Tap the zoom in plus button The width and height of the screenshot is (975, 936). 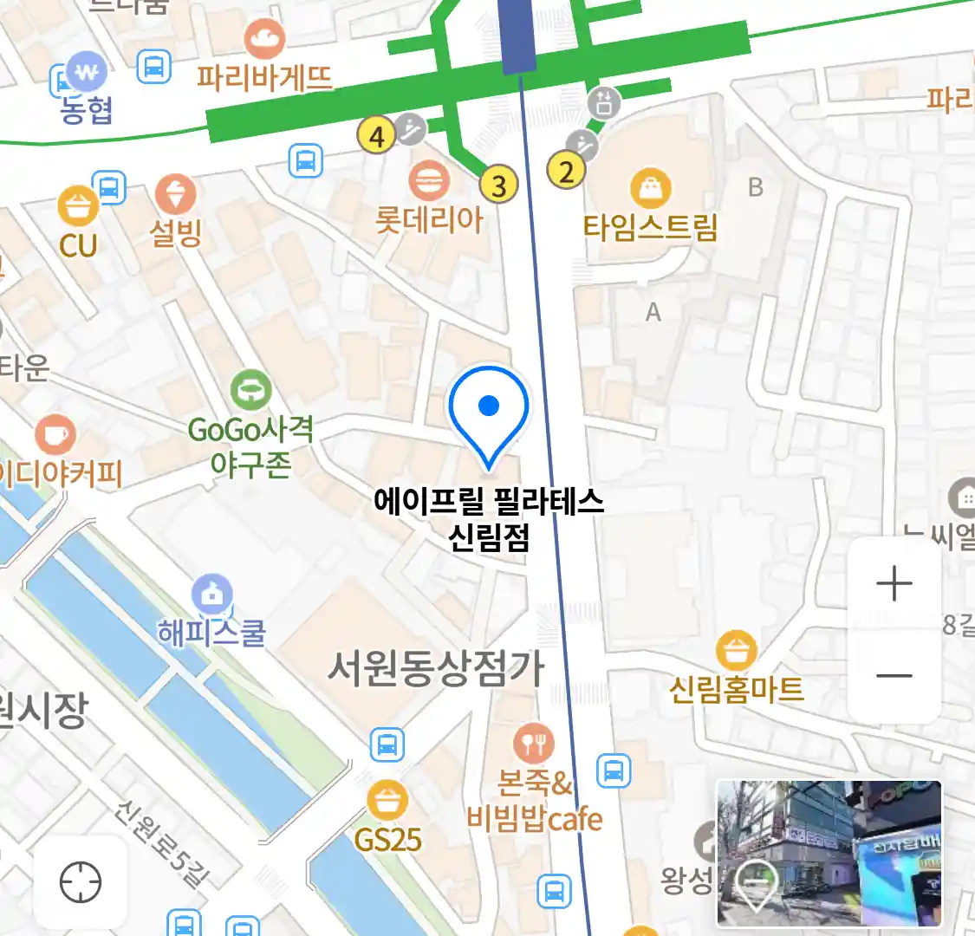(x=894, y=584)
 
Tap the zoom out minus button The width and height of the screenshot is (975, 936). (x=894, y=675)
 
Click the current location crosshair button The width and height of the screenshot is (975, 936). (x=81, y=883)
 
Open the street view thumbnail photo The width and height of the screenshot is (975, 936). (x=829, y=853)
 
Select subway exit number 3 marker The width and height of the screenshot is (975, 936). (x=498, y=184)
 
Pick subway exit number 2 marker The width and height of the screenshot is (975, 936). (x=567, y=171)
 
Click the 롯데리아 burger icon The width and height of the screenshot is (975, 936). (x=429, y=181)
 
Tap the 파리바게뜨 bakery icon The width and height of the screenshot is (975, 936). (x=264, y=39)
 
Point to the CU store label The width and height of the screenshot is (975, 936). (x=78, y=245)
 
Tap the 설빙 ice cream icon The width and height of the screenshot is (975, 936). (x=175, y=194)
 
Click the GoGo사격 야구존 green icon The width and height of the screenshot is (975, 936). (x=251, y=391)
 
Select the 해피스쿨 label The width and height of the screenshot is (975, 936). (x=211, y=633)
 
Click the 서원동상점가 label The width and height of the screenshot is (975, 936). (x=435, y=668)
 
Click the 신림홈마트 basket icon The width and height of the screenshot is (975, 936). (x=737, y=651)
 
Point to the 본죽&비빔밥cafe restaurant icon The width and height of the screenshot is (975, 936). (x=534, y=743)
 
